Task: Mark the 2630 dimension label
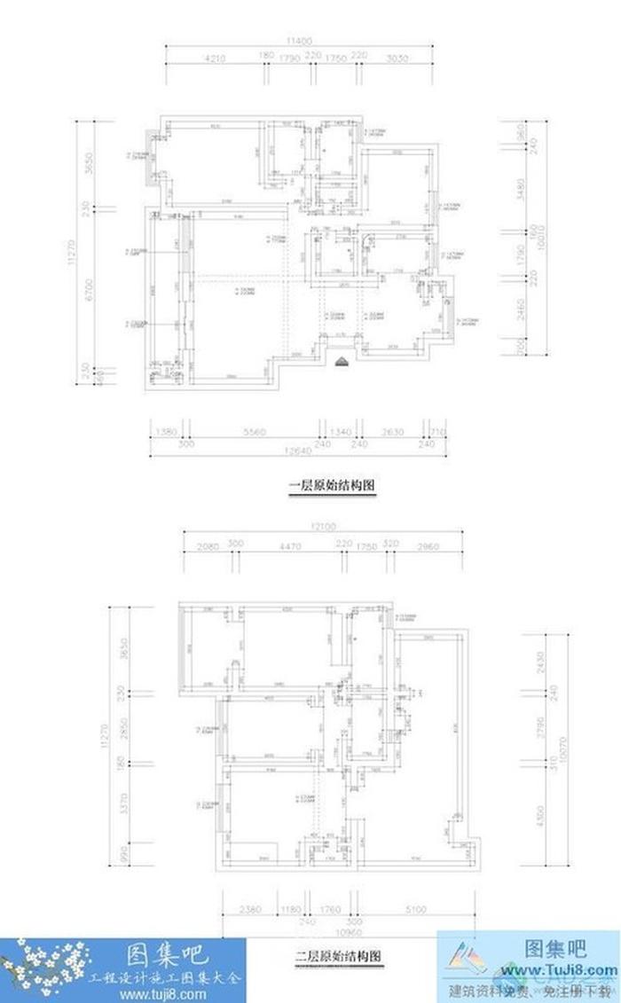(392, 432)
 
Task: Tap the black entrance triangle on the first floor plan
(341, 360)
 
